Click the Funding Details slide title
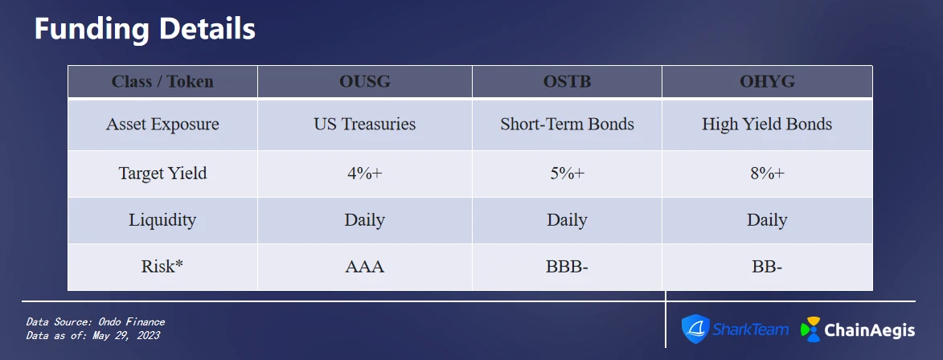coord(145,29)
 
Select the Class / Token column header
coord(162,81)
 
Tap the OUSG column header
coord(364,81)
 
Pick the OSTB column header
coord(567,81)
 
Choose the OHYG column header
coord(767,81)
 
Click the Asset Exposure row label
coord(162,125)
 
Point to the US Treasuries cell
coord(364,125)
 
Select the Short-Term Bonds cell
coord(567,125)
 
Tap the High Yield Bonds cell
coord(767,125)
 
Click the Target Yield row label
coord(162,173)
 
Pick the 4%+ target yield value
coord(364,173)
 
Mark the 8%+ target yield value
coord(767,173)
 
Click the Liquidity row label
coord(162,220)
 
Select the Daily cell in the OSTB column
coord(567,220)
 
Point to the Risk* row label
coord(162,266)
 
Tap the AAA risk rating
coord(364,267)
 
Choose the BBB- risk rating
coord(567,267)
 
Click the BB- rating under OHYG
coord(767,267)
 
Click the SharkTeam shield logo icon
coord(695,329)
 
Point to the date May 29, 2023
coord(125,335)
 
